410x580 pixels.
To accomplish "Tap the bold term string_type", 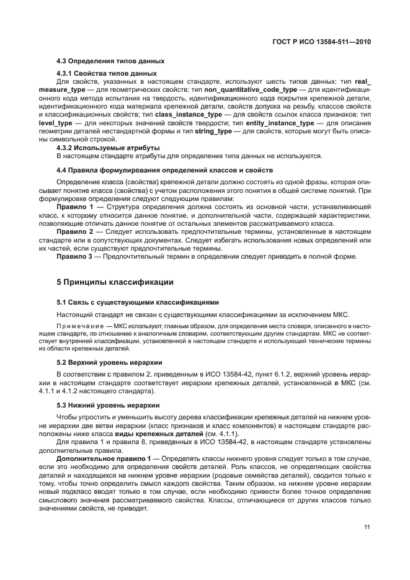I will (212, 131).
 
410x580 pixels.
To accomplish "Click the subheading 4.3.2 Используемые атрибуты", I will (108, 148).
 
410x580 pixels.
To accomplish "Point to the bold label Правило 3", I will (75, 256).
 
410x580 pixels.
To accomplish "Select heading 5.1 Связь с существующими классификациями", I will (138, 302).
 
